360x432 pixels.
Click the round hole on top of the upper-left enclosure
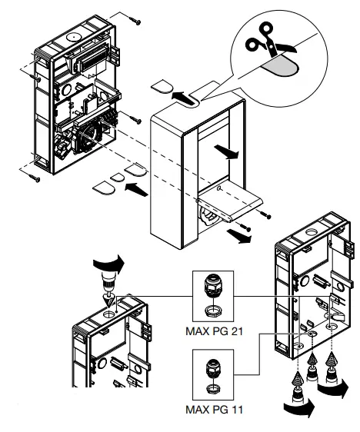(x=74, y=35)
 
